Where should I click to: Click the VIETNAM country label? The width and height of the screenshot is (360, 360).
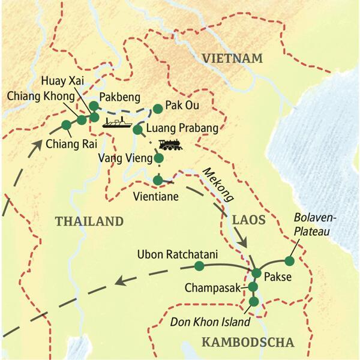click(x=233, y=58)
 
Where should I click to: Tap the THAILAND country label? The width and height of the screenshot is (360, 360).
click(x=89, y=221)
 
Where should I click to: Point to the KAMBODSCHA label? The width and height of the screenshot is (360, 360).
click(x=248, y=343)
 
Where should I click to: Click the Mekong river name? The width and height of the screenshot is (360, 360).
click(x=217, y=187)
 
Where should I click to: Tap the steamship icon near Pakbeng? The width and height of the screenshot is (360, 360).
click(x=116, y=124)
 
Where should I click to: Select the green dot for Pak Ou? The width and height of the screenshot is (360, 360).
click(x=157, y=109)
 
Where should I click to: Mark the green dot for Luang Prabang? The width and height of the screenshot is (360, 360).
click(x=137, y=130)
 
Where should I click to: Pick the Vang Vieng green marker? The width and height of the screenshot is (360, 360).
click(x=158, y=159)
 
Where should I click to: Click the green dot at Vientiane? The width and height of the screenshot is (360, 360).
click(x=157, y=180)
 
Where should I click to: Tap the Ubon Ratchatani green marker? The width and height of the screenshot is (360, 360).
click(x=199, y=265)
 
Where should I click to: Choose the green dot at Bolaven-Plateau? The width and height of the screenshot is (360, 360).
click(x=289, y=260)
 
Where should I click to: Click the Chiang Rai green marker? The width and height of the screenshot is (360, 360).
click(x=66, y=125)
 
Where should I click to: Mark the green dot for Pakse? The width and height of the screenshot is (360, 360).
click(x=257, y=274)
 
